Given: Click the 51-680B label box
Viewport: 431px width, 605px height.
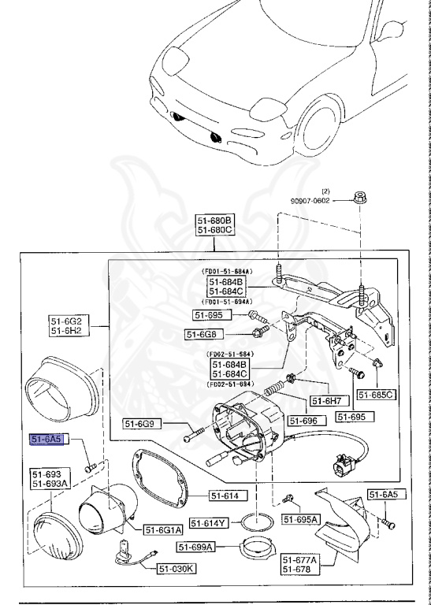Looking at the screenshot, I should [215, 220].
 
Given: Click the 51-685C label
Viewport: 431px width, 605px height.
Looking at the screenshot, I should [376, 394].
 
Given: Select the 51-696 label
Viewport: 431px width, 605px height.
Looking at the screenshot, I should [304, 421].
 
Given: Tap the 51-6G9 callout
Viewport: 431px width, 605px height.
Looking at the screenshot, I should [142, 424].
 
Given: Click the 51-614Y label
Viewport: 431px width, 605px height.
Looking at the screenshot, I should [213, 523].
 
